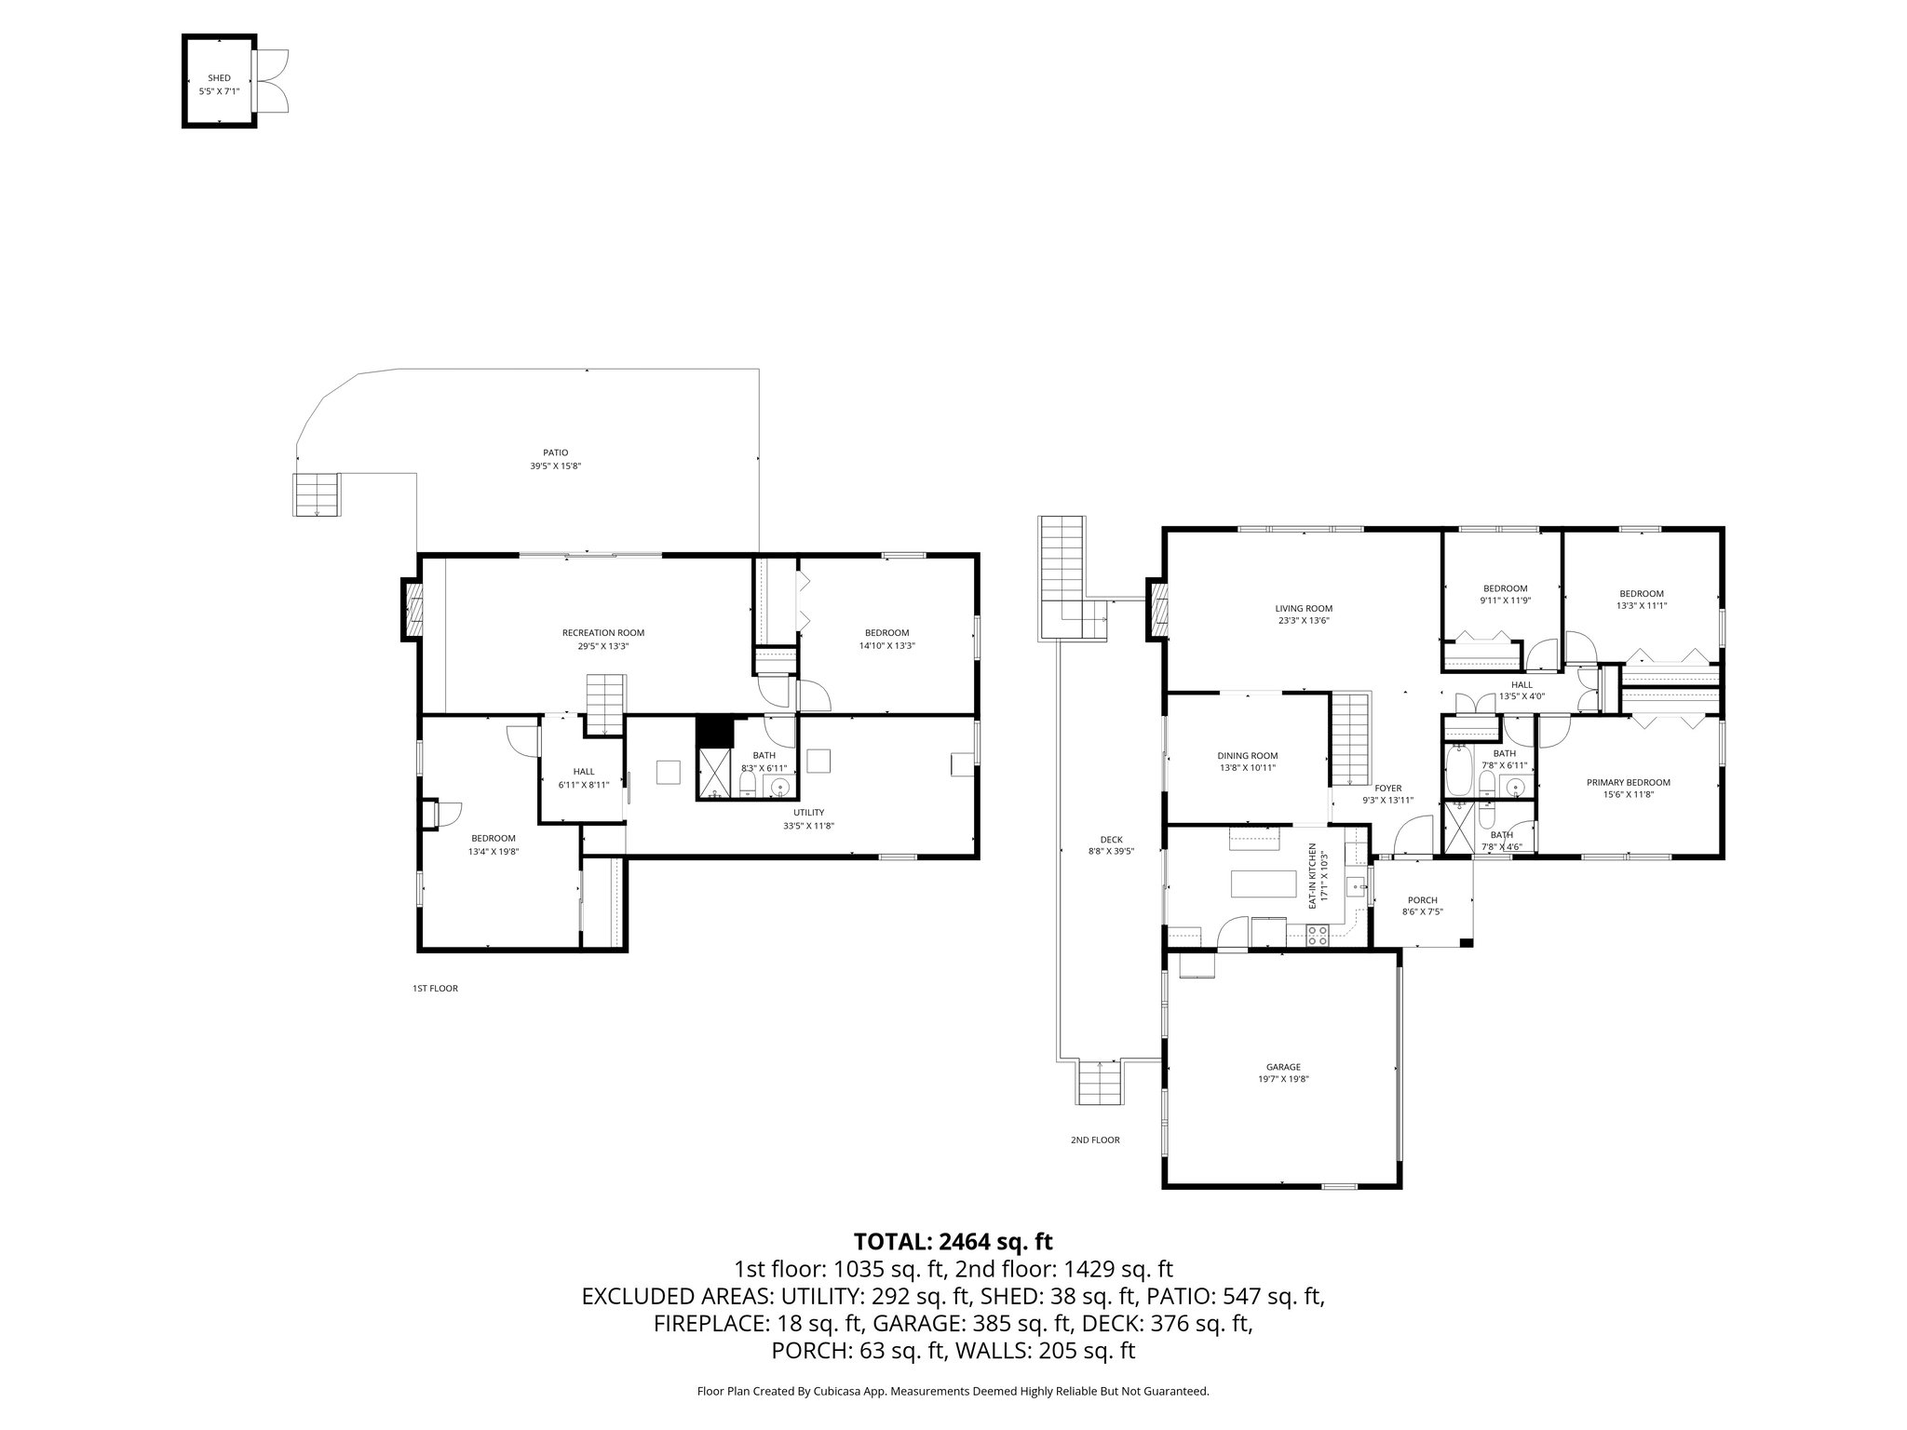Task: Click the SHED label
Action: [220, 78]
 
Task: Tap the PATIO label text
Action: [555, 452]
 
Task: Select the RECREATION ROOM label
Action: [602, 633]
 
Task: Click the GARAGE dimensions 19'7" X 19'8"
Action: [1282, 1079]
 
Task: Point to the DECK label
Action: [1111, 840]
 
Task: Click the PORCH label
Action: [1422, 899]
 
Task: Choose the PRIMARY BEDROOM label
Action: [1628, 782]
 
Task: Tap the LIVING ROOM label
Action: [1304, 609]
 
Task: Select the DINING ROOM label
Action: [1247, 756]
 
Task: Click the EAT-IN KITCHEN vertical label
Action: [1312, 876]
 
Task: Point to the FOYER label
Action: [1388, 788]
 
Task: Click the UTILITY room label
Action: [802, 812]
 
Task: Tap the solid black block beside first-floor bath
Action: [715, 730]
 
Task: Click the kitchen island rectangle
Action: [1264, 883]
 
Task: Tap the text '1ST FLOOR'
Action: [435, 989]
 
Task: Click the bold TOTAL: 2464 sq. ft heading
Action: [953, 1241]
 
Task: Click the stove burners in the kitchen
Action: [1317, 935]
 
